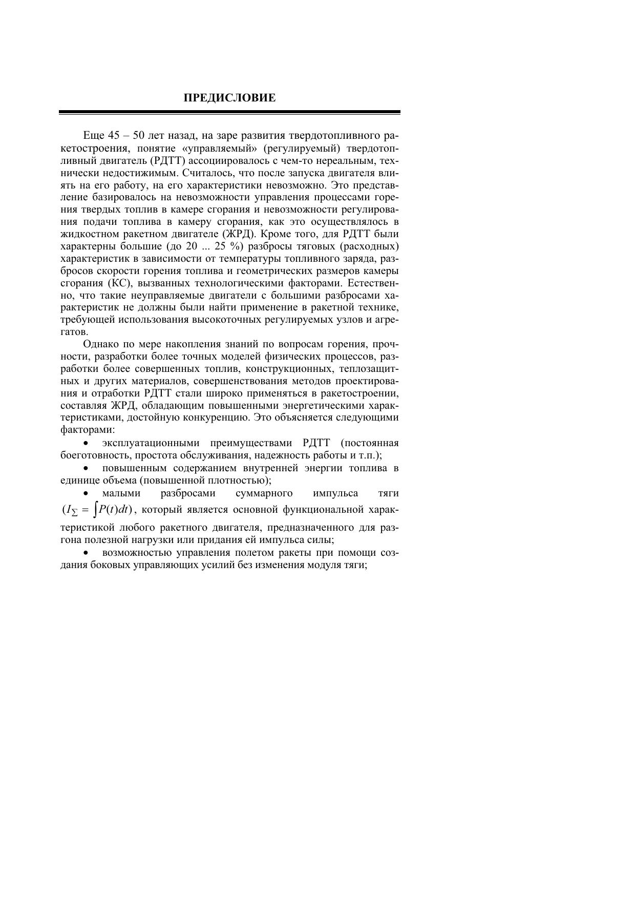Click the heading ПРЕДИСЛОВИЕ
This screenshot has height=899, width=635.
pos(229,98)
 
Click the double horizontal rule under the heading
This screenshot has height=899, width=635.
pos(229,112)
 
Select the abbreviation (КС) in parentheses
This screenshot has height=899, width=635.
pos(121,283)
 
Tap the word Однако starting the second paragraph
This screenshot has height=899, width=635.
pos(100,344)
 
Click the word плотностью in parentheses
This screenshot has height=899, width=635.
pos(241,480)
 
